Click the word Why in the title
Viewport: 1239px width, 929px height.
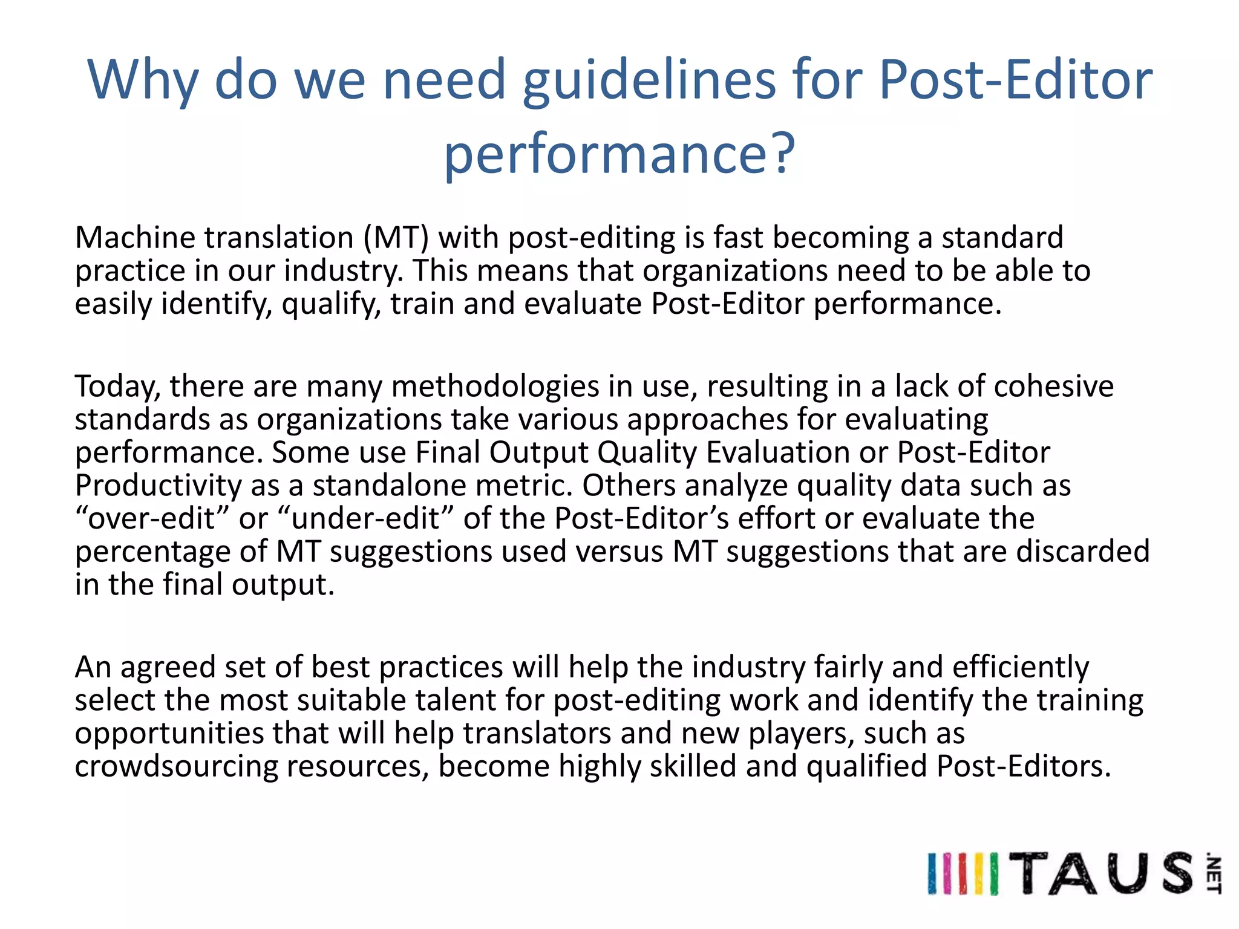coord(143,80)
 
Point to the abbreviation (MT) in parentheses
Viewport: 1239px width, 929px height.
coord(396,237)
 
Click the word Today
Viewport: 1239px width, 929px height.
coord(117,386)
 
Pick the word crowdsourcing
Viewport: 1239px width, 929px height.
coord(176,766)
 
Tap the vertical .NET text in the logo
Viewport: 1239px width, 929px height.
coord(1213,873)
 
